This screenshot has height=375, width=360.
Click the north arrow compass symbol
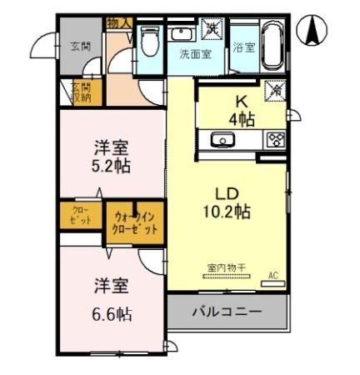pos(314,31)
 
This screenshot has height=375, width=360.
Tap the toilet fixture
pos(150,40)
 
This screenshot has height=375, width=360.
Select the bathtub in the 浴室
pos(271,40)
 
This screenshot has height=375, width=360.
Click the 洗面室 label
pos(194,53)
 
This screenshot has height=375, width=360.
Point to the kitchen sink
pos(222,139)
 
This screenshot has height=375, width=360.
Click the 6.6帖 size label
pos(112,313)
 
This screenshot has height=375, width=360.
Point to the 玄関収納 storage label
pos(80,92)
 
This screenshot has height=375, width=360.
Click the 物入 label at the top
pos(118,22)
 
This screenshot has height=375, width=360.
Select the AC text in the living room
pos(272,274)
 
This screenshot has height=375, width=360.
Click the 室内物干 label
pos(221,268)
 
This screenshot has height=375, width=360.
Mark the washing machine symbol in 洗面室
pos(212,28)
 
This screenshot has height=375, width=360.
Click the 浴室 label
pos(242,47)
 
